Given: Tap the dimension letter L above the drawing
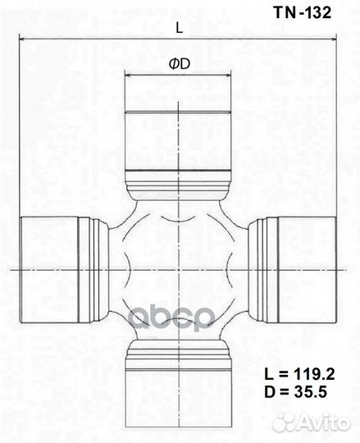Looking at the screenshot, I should tap(179, 27).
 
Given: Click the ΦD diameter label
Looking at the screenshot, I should tap(178, 63).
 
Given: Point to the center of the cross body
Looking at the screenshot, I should tap(178, 268).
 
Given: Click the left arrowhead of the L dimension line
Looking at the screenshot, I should tap(24, 39).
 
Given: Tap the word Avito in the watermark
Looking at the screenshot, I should tap(324, 422).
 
